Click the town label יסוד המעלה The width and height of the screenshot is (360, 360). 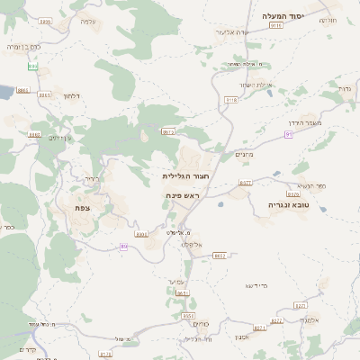point(285,16)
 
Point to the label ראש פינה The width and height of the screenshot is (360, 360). point(182,194)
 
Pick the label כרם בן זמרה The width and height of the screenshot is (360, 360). point(24,46)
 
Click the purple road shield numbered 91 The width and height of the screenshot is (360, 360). point(289,134)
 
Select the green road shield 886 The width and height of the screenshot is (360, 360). point(33,67)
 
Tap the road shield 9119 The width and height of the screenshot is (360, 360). point(276,27)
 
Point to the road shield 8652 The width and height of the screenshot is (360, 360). point(219,256)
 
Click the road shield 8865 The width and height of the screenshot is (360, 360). point(22,91)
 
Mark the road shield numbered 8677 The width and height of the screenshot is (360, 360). point(245,183)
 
